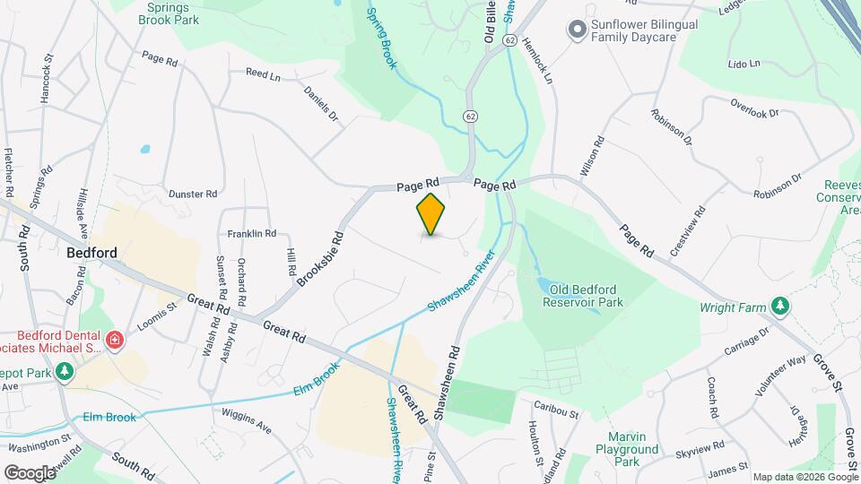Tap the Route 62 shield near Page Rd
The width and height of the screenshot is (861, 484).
470,117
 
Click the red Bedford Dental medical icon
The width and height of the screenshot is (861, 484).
114,340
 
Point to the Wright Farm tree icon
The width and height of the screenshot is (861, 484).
780,307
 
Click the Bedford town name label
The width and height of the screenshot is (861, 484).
91,253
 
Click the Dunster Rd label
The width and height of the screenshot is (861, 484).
193,193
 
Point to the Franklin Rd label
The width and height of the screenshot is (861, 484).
251,233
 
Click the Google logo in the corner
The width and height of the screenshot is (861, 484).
30,472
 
